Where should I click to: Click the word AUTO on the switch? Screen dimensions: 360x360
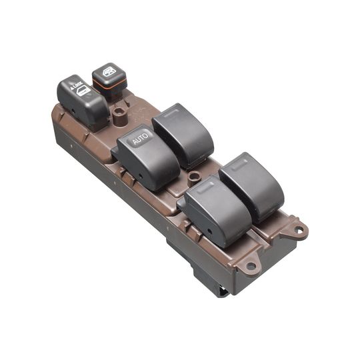pyautogui.click(x=139, y=139)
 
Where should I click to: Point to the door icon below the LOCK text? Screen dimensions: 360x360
pyautogui.click(x=83, y=91)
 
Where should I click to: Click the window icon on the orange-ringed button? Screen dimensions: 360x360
pyautogui.click(x=108, y=71)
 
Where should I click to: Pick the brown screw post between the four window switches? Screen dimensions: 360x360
pyautogui.click(x=194, y=178)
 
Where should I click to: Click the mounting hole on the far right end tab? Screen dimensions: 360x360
pyautogui.click(x=298, y=231)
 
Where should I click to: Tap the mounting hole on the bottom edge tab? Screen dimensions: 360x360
pyautogui.click(x=251, y=265)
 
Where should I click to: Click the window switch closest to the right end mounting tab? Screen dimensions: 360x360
pyautogui.click(x=252, y=185)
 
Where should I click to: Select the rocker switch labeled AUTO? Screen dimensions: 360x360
pyautogui.click(x=147, y=157)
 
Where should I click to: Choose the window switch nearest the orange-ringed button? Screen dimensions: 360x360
pyautogui.click(x=183, y=133)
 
